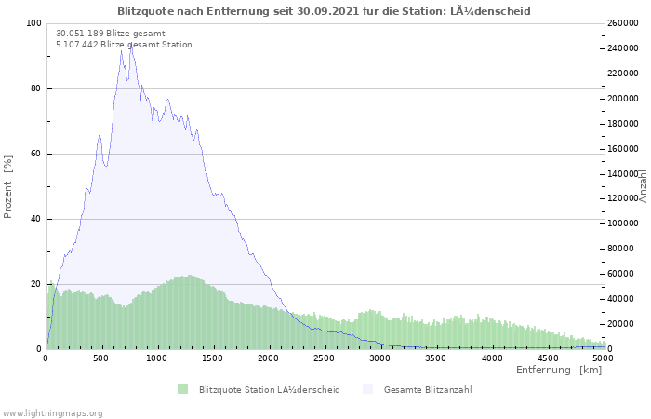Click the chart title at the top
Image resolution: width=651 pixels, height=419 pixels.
[x=325, y=10]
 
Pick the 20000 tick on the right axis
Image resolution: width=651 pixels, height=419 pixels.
[x=623, y=324]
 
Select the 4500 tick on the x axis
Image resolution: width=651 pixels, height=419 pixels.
[x=547, y=358]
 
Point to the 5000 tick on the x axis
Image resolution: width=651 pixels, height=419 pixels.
[x=603, y=358]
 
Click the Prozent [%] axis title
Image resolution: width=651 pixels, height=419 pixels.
[x=8, y=186]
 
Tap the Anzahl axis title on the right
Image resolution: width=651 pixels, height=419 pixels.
[x=643, y=186]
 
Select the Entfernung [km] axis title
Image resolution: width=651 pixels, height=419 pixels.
[x=559, y=371]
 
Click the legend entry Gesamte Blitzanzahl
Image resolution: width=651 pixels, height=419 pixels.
[x=428, y=389]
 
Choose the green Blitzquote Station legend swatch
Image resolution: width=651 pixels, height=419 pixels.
[x=182, y=389]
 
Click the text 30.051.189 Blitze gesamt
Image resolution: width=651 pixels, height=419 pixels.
[x=111, y=34]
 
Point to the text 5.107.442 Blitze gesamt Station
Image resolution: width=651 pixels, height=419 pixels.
[x=124, y=45]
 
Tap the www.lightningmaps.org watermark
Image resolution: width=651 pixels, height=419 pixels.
[x=52, y=412]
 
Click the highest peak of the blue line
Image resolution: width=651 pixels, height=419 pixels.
[x=131, y=45]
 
